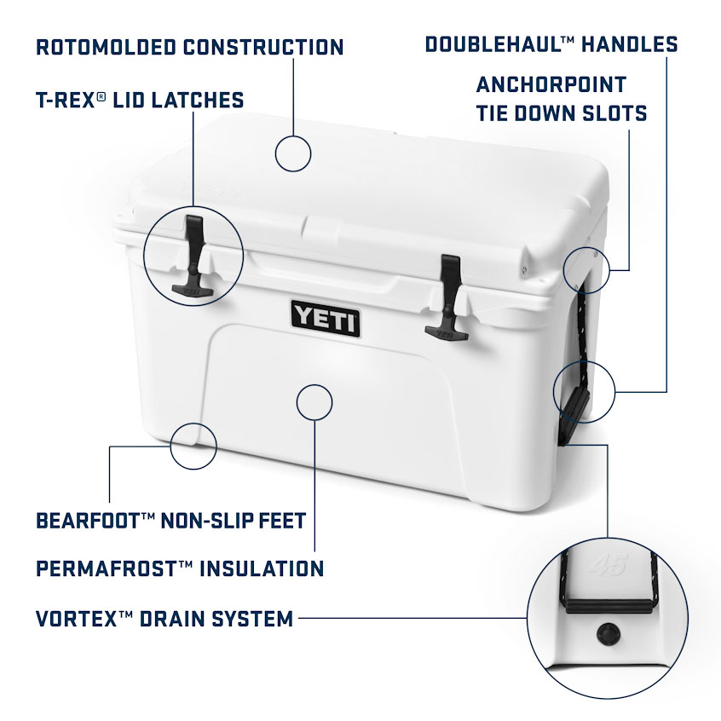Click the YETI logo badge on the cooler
coord(326,319)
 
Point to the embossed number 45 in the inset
coord(608,565)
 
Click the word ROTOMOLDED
coord(106,48)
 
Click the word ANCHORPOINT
coord(551,84)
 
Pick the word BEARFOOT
coord(88,521)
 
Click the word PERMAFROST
coord(106,568)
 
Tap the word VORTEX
coord(77,619)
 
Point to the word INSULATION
coord(262,568)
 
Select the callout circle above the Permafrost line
coord(297,402)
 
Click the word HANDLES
coord(630,44)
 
